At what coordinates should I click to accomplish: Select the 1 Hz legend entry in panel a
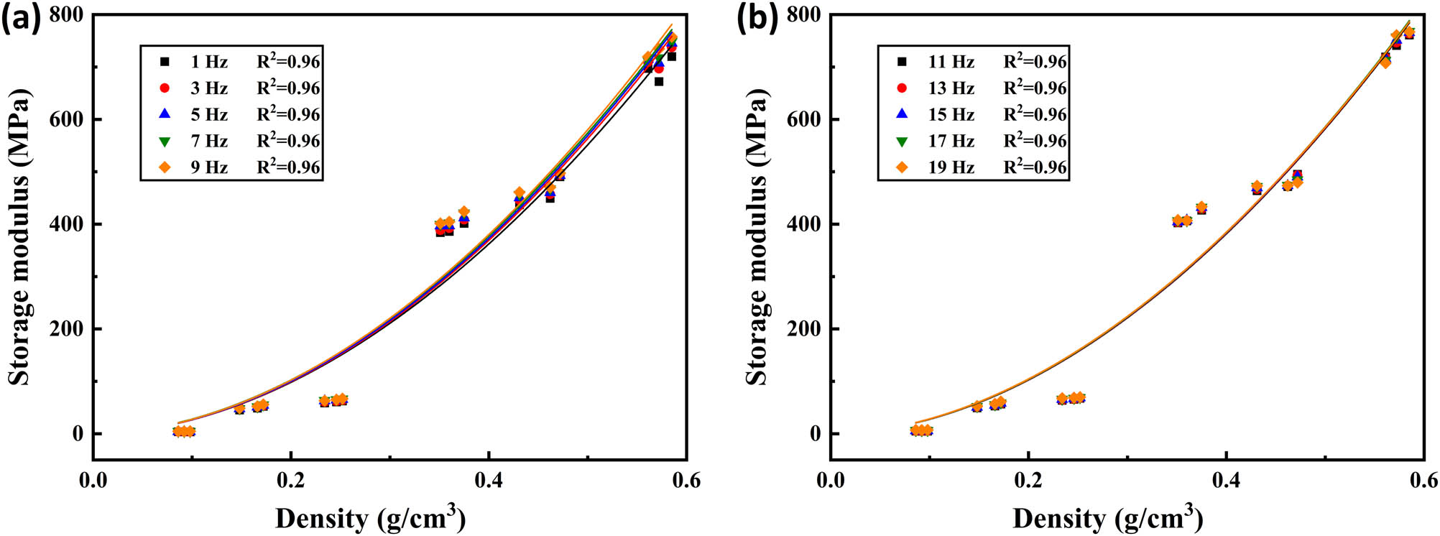coord(208,62)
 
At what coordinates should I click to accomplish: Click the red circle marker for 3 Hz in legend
coord(165,88)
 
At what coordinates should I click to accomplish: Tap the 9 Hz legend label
coord(208,167)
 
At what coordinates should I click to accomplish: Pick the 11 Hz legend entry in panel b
coord(951,62)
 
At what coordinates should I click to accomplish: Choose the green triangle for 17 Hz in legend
coord(903,141)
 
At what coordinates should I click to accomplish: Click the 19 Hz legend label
coord(951,167)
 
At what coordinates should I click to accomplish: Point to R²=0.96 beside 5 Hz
coord(288,114)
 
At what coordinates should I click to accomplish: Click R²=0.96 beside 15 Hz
coord(1035,114)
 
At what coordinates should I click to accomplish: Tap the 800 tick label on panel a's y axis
coord(66,15)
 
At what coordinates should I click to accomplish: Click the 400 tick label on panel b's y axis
coord(803,224)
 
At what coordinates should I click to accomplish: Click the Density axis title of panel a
coord(370,517)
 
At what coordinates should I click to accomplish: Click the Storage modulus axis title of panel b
coord(756,237)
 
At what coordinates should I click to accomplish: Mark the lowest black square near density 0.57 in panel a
coord(658,82)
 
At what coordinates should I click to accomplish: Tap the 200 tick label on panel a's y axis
coord(66,329)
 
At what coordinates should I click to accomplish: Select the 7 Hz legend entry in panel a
coord(208,141)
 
